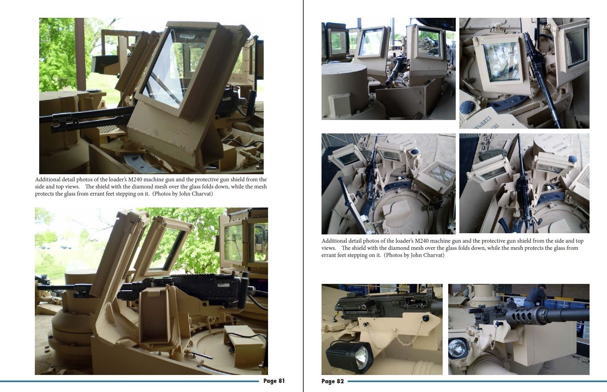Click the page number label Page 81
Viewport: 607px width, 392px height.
pos(274,381)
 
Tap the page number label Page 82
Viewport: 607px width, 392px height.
pos(333,381)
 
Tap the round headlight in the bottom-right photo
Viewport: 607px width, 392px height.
pos(457,348)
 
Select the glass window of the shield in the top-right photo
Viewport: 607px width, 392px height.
pos(501,62)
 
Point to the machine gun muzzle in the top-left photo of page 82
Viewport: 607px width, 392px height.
pos(389,80)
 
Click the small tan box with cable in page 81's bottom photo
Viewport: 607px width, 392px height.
pos(244,341)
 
